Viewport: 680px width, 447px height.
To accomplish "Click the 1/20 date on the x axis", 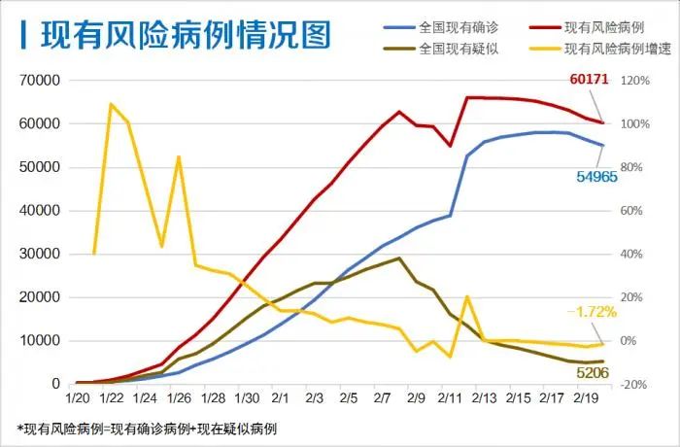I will (x=78, y=399).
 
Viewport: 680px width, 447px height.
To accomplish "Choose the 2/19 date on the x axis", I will (x=585, y=399).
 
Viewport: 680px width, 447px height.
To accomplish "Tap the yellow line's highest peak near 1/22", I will (x=111, y=104).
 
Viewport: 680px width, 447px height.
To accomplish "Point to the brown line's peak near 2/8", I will (x=399, y=258).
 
